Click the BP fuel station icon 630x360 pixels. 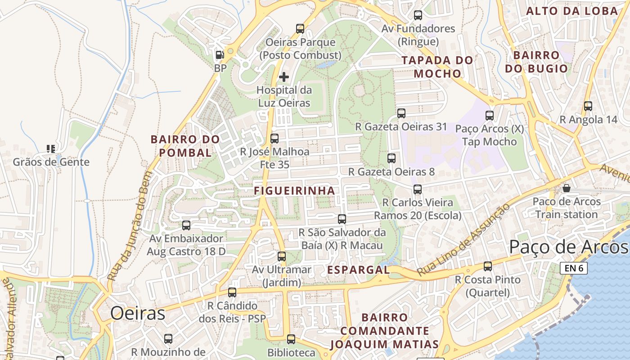(220, 55)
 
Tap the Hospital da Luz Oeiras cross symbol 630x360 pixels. (284, 76)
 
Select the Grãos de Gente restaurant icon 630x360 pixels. (51, 148)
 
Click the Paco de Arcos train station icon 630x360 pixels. (567, 188)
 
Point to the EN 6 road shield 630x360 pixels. (574, 269)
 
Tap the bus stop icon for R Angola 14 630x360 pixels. (588, 106)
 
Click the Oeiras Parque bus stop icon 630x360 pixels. (300, 29)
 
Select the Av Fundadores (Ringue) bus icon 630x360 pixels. (418, 15)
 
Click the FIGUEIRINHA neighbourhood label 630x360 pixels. (294, 191)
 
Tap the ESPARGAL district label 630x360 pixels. (358, 270)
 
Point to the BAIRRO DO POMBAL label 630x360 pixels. (185, 146)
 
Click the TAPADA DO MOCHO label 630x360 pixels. (437, 67)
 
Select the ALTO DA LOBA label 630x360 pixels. (572, 11)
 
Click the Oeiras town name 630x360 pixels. (138, 313)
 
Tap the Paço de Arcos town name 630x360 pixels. (568, 247)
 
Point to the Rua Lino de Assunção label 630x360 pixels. (463, 240)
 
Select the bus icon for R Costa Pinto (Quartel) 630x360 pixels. (487, 266)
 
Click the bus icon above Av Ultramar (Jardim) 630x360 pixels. (282, 256)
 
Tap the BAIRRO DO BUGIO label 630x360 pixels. (536, 62)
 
